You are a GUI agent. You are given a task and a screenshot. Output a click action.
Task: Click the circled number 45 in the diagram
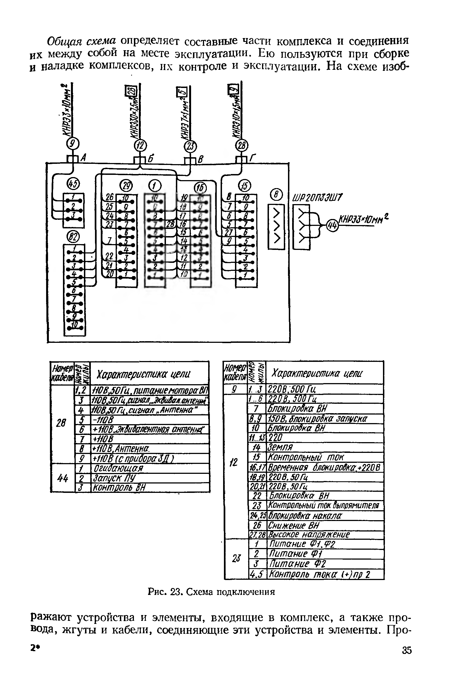(73, 184)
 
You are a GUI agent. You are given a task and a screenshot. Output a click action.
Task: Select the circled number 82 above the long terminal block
(73, 237)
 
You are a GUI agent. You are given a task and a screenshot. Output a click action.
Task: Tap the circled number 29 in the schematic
(126, 186)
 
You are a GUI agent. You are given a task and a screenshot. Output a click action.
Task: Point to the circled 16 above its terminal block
(201, 188)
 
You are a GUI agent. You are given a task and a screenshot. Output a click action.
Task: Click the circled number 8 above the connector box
(277, 195)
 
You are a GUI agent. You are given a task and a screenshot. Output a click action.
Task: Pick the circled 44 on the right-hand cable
(332, 225)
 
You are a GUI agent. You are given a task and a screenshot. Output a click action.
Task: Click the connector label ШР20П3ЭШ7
(318, 198)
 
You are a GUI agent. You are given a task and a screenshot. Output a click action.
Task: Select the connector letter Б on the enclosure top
(150, 159)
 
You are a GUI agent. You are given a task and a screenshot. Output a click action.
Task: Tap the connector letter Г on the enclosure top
(252, 159)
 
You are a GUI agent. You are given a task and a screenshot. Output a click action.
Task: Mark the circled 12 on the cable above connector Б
(140, 145)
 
